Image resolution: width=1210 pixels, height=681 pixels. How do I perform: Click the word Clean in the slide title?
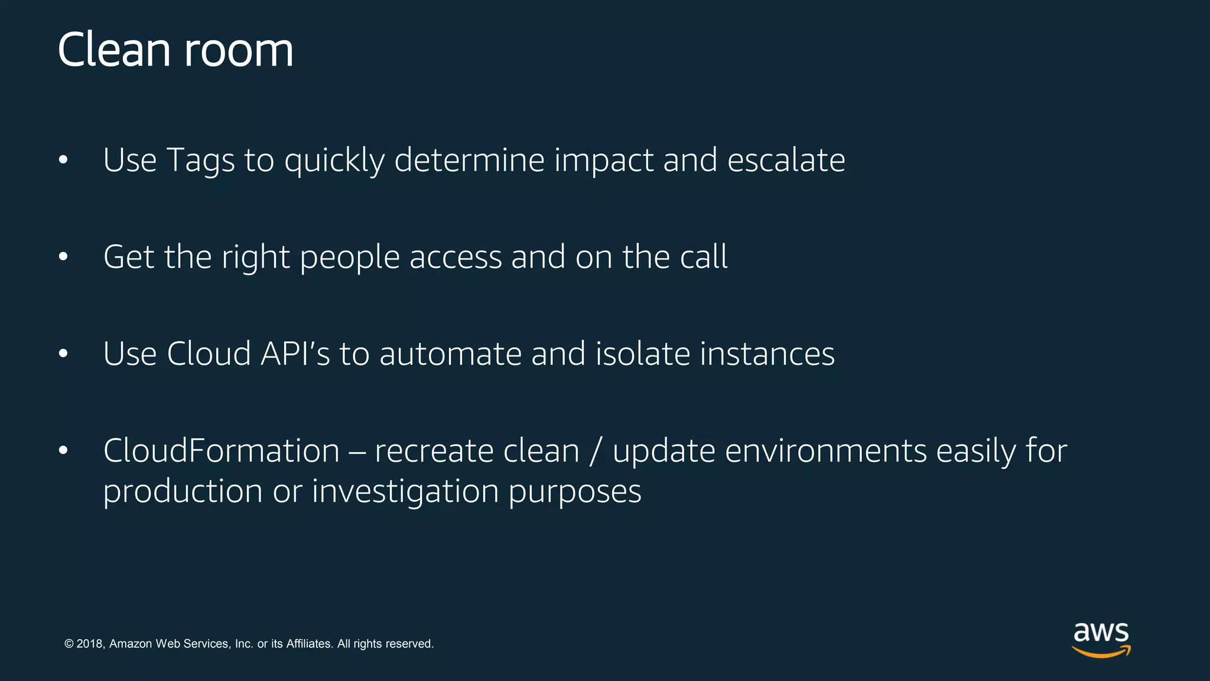coord(114,50)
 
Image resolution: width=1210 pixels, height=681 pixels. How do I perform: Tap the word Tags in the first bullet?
coord(200,160)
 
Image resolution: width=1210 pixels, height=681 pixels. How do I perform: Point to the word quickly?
coord(334,161)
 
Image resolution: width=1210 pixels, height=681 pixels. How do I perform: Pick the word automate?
coord(450,354)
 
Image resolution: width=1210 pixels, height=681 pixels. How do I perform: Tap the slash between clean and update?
coord(596,452)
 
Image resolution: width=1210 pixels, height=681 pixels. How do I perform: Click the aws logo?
coord(1101,639)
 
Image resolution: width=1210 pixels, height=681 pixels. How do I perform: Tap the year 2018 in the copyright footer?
coord(90,644)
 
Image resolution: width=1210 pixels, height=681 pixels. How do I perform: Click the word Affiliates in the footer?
coord(308,644)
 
